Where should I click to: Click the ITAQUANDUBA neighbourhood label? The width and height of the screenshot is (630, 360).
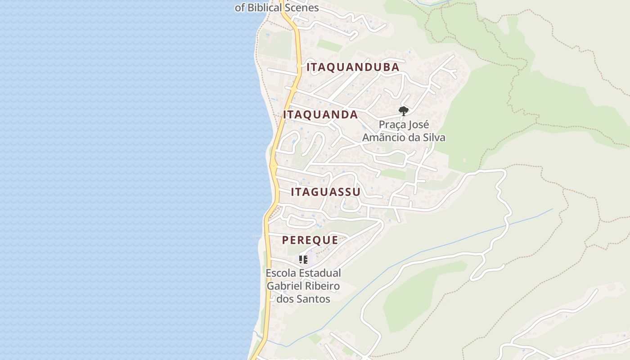pos(353,67)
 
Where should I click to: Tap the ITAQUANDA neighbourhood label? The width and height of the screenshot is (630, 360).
pos(320,115)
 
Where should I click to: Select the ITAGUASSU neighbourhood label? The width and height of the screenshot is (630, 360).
pos(325,192)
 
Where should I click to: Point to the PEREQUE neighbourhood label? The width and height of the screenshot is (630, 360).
pos(310,240)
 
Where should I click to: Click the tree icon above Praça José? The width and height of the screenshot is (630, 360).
pos(404,111)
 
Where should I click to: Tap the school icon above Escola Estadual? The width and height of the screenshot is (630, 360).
pos(303,260)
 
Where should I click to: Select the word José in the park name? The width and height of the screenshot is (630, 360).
pos(419,125)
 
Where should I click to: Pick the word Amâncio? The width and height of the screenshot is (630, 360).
pos(384,138)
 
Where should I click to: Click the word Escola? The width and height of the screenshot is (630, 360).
pos(280,273)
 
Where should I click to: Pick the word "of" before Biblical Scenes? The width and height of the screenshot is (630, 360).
pos(239,8)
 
